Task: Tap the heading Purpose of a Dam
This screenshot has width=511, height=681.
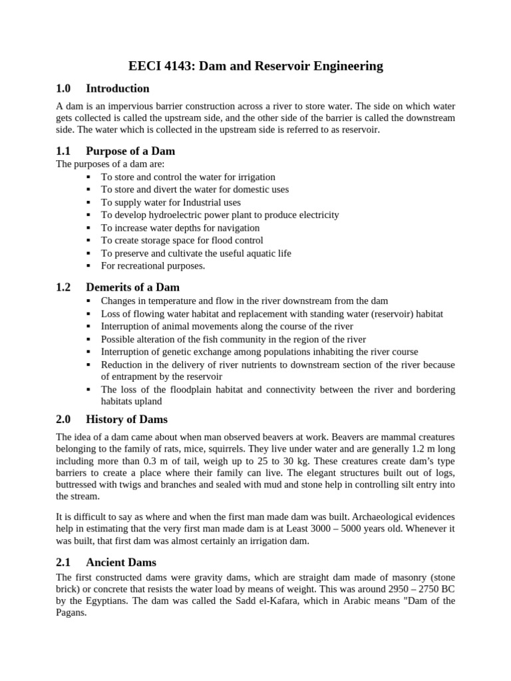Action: point(130,151)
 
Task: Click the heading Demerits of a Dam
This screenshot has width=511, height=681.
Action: point(133,287)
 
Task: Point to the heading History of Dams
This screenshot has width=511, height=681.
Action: point(126,419)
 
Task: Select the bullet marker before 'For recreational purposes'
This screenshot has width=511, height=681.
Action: point(88,266)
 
